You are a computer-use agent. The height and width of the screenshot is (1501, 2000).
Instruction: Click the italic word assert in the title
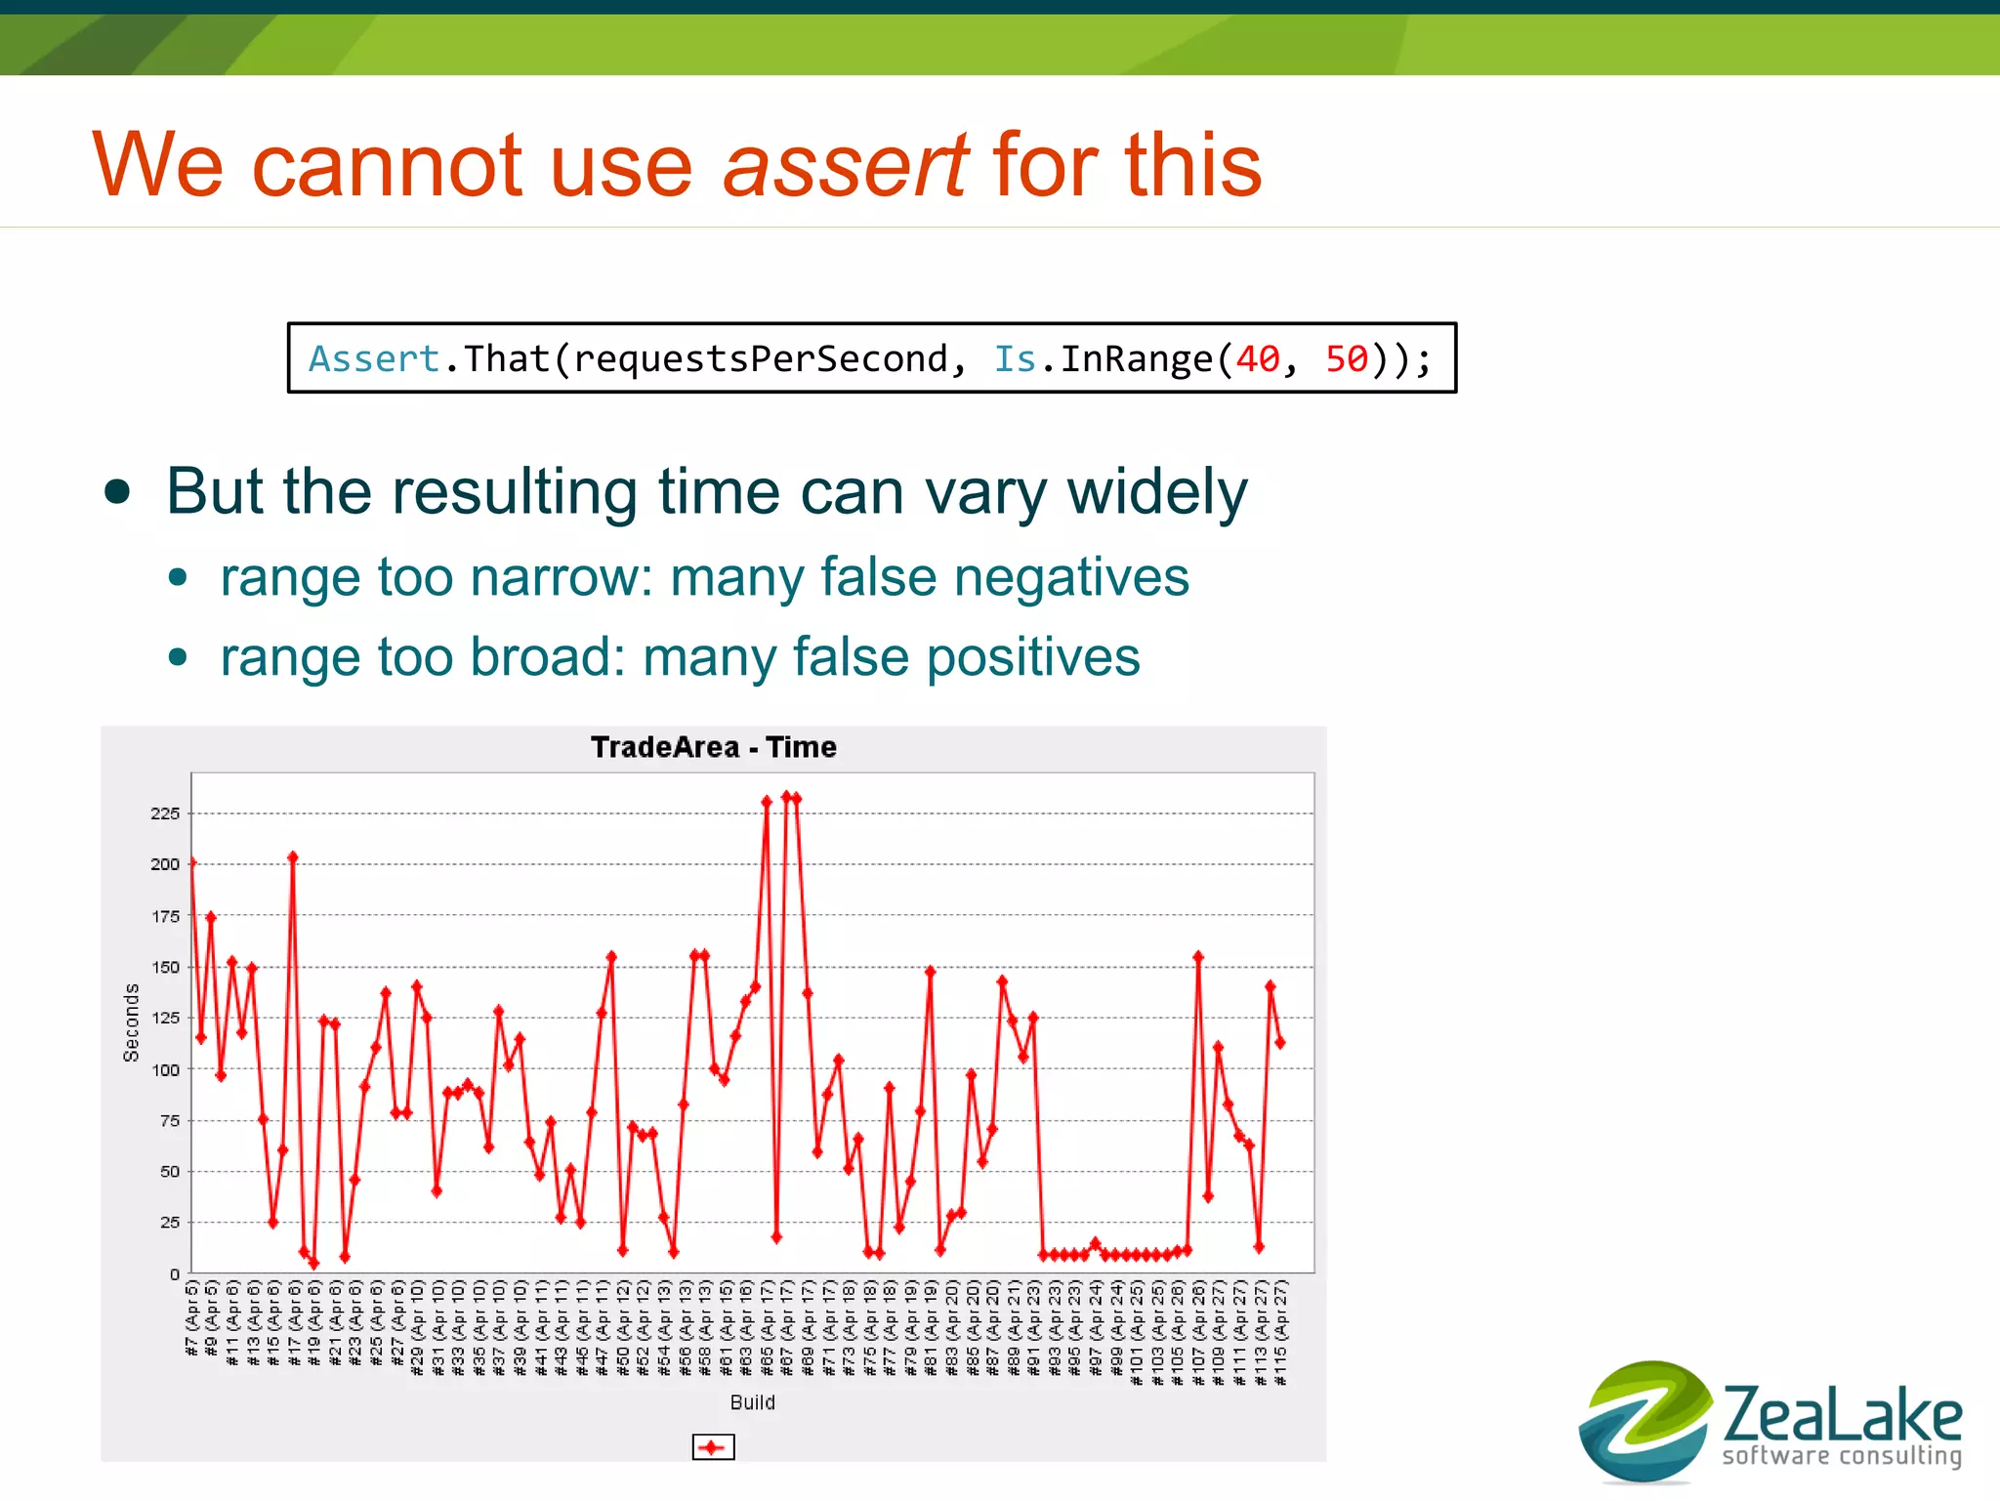click(x=845, y=165)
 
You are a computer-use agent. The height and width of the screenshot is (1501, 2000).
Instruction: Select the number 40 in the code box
click(x=1257, y=359)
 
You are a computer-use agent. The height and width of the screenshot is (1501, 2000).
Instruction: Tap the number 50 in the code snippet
click(x=1346, y=359)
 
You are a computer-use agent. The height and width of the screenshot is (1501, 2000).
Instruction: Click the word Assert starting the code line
click(x=374, y=359)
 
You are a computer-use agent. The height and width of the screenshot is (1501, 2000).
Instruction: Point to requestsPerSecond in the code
click(x=761, y=359)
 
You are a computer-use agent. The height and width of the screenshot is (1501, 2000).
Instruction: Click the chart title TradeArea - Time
click(x=713, y=747)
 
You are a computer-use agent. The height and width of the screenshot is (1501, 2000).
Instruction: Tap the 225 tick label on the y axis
click(x=165, y=813)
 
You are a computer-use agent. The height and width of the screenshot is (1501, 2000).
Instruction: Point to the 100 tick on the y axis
click(x=165, y=1069)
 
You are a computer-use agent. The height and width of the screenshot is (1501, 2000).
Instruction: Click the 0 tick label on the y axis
click(x=175, y=1274)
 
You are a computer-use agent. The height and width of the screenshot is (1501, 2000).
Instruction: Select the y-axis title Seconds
click(x=132, y=1022)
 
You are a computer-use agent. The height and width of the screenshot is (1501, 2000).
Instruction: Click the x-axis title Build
click(x=752, y=1402)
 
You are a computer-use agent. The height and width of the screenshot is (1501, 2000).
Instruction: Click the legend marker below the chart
click(x=713, y=1446)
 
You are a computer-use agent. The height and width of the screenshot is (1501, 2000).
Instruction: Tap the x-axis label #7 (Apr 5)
click(x=192, y=1318)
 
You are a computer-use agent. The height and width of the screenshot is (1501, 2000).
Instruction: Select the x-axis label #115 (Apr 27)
click(x=1280, y=1333)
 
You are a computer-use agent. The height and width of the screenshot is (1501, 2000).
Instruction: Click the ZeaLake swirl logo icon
click(x=1645, y=1420)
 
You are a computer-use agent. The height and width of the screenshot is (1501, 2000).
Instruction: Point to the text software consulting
click(x=1841, y=1456)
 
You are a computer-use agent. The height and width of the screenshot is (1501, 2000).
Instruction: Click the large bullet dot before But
click(x=117, y=492)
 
